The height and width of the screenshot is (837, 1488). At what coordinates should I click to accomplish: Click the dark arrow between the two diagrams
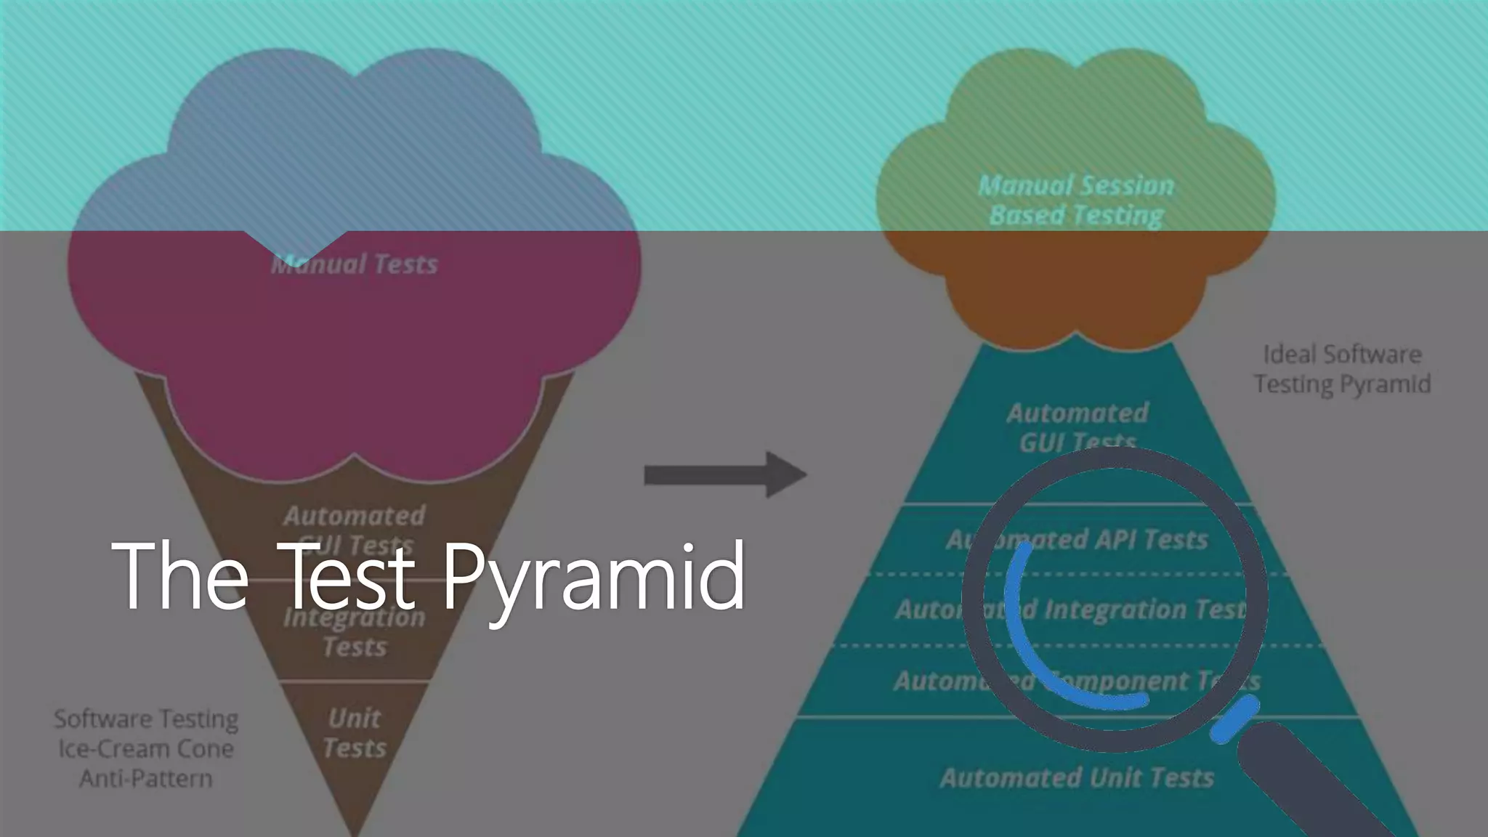point(725,474)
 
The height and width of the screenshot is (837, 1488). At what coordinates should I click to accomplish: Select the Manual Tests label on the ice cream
point(355,264)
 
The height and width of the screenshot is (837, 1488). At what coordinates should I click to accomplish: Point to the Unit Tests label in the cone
point(354,732)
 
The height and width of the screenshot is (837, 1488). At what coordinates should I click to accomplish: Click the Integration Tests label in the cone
point(354,632)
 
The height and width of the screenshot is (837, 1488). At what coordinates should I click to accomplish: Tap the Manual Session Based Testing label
point(1076,200)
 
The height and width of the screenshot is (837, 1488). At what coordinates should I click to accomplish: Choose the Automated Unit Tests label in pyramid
point(1077,778)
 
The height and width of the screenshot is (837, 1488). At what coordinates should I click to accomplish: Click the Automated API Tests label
point(1077,540)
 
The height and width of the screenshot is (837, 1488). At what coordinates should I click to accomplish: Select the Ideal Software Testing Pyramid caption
point(1342,369)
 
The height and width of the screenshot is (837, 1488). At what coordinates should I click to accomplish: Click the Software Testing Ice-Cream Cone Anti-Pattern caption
point(146,748)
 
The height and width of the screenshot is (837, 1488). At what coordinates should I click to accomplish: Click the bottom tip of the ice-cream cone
point(355,828)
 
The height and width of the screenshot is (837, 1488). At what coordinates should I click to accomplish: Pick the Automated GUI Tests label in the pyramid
point(1077,427)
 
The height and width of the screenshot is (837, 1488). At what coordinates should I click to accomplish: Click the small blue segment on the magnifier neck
point(1234,719)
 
